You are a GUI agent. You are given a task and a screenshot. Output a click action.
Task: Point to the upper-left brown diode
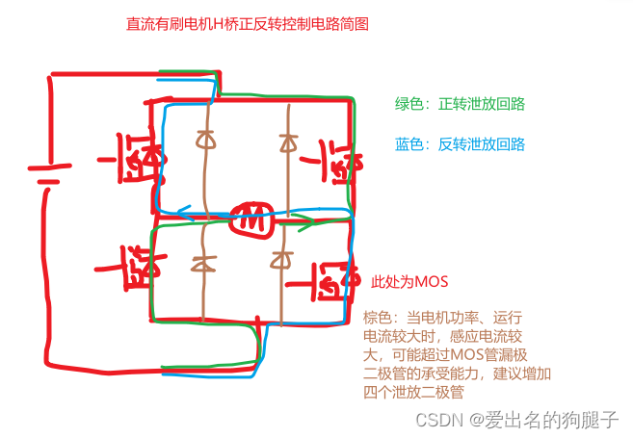[204, 140]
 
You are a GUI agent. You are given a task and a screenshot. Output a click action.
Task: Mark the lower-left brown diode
[204, 261]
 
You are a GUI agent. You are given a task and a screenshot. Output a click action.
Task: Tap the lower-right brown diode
[281, 259]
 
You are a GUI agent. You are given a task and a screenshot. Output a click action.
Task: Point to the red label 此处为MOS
[410, 282]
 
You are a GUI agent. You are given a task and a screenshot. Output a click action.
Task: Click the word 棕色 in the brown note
[377, 318]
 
